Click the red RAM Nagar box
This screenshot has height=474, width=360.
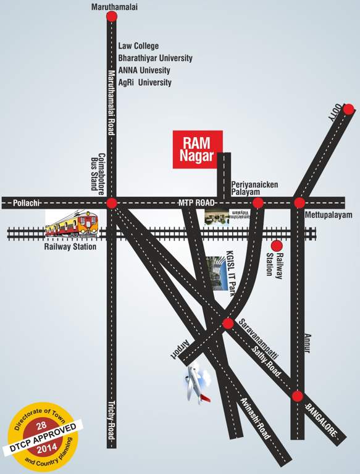(194, 149)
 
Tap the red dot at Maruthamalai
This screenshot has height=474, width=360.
(112, 17)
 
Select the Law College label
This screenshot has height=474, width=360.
(138, 46)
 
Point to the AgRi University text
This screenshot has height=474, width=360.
(144, 82)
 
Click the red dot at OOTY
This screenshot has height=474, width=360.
(348, 109)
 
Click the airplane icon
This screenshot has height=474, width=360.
(197, 383)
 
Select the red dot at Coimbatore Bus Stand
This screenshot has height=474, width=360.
(111, 202)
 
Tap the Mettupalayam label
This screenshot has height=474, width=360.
(327, 215)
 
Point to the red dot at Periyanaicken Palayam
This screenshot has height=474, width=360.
(258, 202)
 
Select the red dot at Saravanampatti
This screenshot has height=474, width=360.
(228, 323)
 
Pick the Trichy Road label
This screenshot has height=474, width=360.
(112, 417)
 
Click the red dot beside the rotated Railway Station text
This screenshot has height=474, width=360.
(277, 246)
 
